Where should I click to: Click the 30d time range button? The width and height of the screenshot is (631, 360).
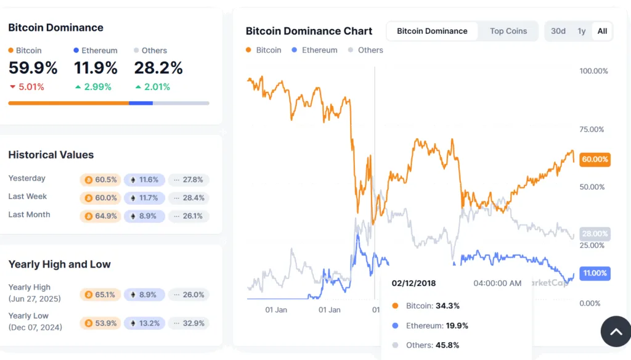pyautogui.click(x=558, y=31)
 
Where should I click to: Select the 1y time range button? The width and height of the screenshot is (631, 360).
pyautogui.click(x=581, y=31)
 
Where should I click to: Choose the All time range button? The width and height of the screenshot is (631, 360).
pyautogui.click(x=602, y=31)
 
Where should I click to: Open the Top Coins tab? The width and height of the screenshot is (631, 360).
pyautogui.click(x=508, y=31)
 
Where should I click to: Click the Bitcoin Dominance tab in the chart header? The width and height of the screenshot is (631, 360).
pyautogui.click(x=432, y=31)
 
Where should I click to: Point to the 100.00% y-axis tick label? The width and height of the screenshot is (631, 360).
pyautogui.click(x=593, y=71)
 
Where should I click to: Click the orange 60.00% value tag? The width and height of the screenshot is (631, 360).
pyautogui.click(x=595, y=160)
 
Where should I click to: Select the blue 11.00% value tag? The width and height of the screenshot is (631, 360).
pyautogui.click(x=595, y=273)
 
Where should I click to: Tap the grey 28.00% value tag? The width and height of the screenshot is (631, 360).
pyautogui.click(x=595, y=234)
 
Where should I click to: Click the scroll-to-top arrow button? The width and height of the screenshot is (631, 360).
pyautogui.click(x=616, y=332)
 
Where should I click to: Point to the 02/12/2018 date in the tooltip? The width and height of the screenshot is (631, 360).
pyautogui.click(x=413, y=283)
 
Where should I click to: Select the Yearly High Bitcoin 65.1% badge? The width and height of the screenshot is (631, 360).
pyautogui.click(x=100, y=295)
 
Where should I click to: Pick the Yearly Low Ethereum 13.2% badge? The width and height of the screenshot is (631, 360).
pyautogui.click(x=144, y=323)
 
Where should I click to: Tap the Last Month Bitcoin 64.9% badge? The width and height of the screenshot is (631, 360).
pyautogui.click(x=100, y=216)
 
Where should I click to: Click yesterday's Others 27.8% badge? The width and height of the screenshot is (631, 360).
pyautogui.click(x=189, y=180)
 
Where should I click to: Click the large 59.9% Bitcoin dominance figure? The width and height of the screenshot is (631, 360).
pyautogui.click(x=33, y=68)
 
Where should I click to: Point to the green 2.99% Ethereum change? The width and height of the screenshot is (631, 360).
pyautogui.click(x=93, y=87)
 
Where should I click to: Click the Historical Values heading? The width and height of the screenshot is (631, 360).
pyautogui.click(x=51, y=155)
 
